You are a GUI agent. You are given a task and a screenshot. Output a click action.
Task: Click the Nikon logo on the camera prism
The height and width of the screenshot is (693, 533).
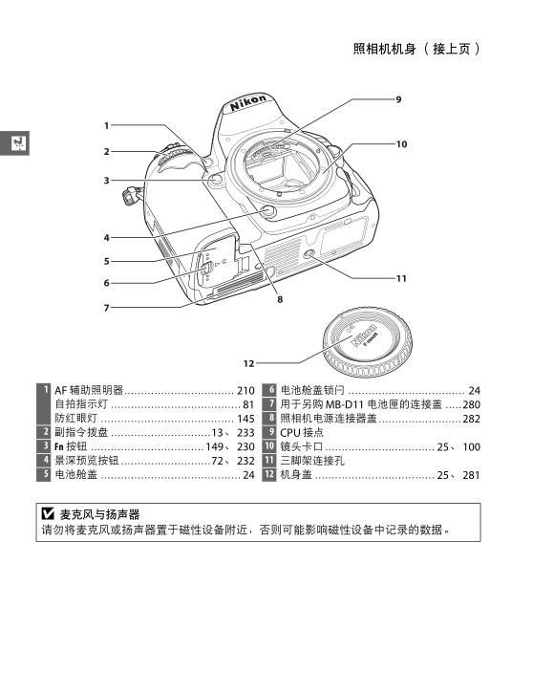[248, 102]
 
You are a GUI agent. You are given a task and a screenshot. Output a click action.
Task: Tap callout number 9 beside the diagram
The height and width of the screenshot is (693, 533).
[398, 99]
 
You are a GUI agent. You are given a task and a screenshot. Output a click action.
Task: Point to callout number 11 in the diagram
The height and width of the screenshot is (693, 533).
[401, 278]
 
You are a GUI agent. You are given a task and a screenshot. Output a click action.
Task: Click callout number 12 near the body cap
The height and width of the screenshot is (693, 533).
[248, 363]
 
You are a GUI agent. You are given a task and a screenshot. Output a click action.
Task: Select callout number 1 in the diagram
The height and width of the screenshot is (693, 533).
[106, 125]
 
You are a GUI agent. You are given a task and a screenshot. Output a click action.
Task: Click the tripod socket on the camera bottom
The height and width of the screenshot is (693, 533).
[309, 254]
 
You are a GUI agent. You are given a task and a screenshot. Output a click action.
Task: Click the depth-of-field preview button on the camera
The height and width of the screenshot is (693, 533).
[268, 211]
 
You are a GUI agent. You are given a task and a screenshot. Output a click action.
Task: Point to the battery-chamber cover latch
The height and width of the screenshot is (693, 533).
[206, 268]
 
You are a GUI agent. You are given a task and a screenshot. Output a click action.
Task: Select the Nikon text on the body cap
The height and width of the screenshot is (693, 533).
[364, 336]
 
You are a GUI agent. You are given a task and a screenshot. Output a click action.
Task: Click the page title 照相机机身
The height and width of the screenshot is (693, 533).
[385, 49]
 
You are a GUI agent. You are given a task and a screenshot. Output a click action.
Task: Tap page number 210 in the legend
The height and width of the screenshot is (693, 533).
[245, 391]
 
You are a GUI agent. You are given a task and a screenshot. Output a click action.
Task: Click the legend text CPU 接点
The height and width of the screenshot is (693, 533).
[302, 433]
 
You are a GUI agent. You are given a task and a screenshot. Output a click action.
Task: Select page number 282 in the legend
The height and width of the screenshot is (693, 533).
[471, 419]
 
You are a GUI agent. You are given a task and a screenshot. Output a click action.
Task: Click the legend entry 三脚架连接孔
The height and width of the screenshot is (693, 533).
[312, 461]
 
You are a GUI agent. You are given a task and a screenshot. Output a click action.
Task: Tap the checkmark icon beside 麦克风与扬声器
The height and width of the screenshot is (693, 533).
[48, 513]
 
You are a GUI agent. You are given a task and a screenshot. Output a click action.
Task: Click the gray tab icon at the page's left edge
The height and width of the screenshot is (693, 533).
[14, 143]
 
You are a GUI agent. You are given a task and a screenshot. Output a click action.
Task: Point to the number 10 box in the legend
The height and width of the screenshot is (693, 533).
[269, 446]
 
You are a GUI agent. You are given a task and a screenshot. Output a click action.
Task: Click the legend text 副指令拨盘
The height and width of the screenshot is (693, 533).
[81, 433]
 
